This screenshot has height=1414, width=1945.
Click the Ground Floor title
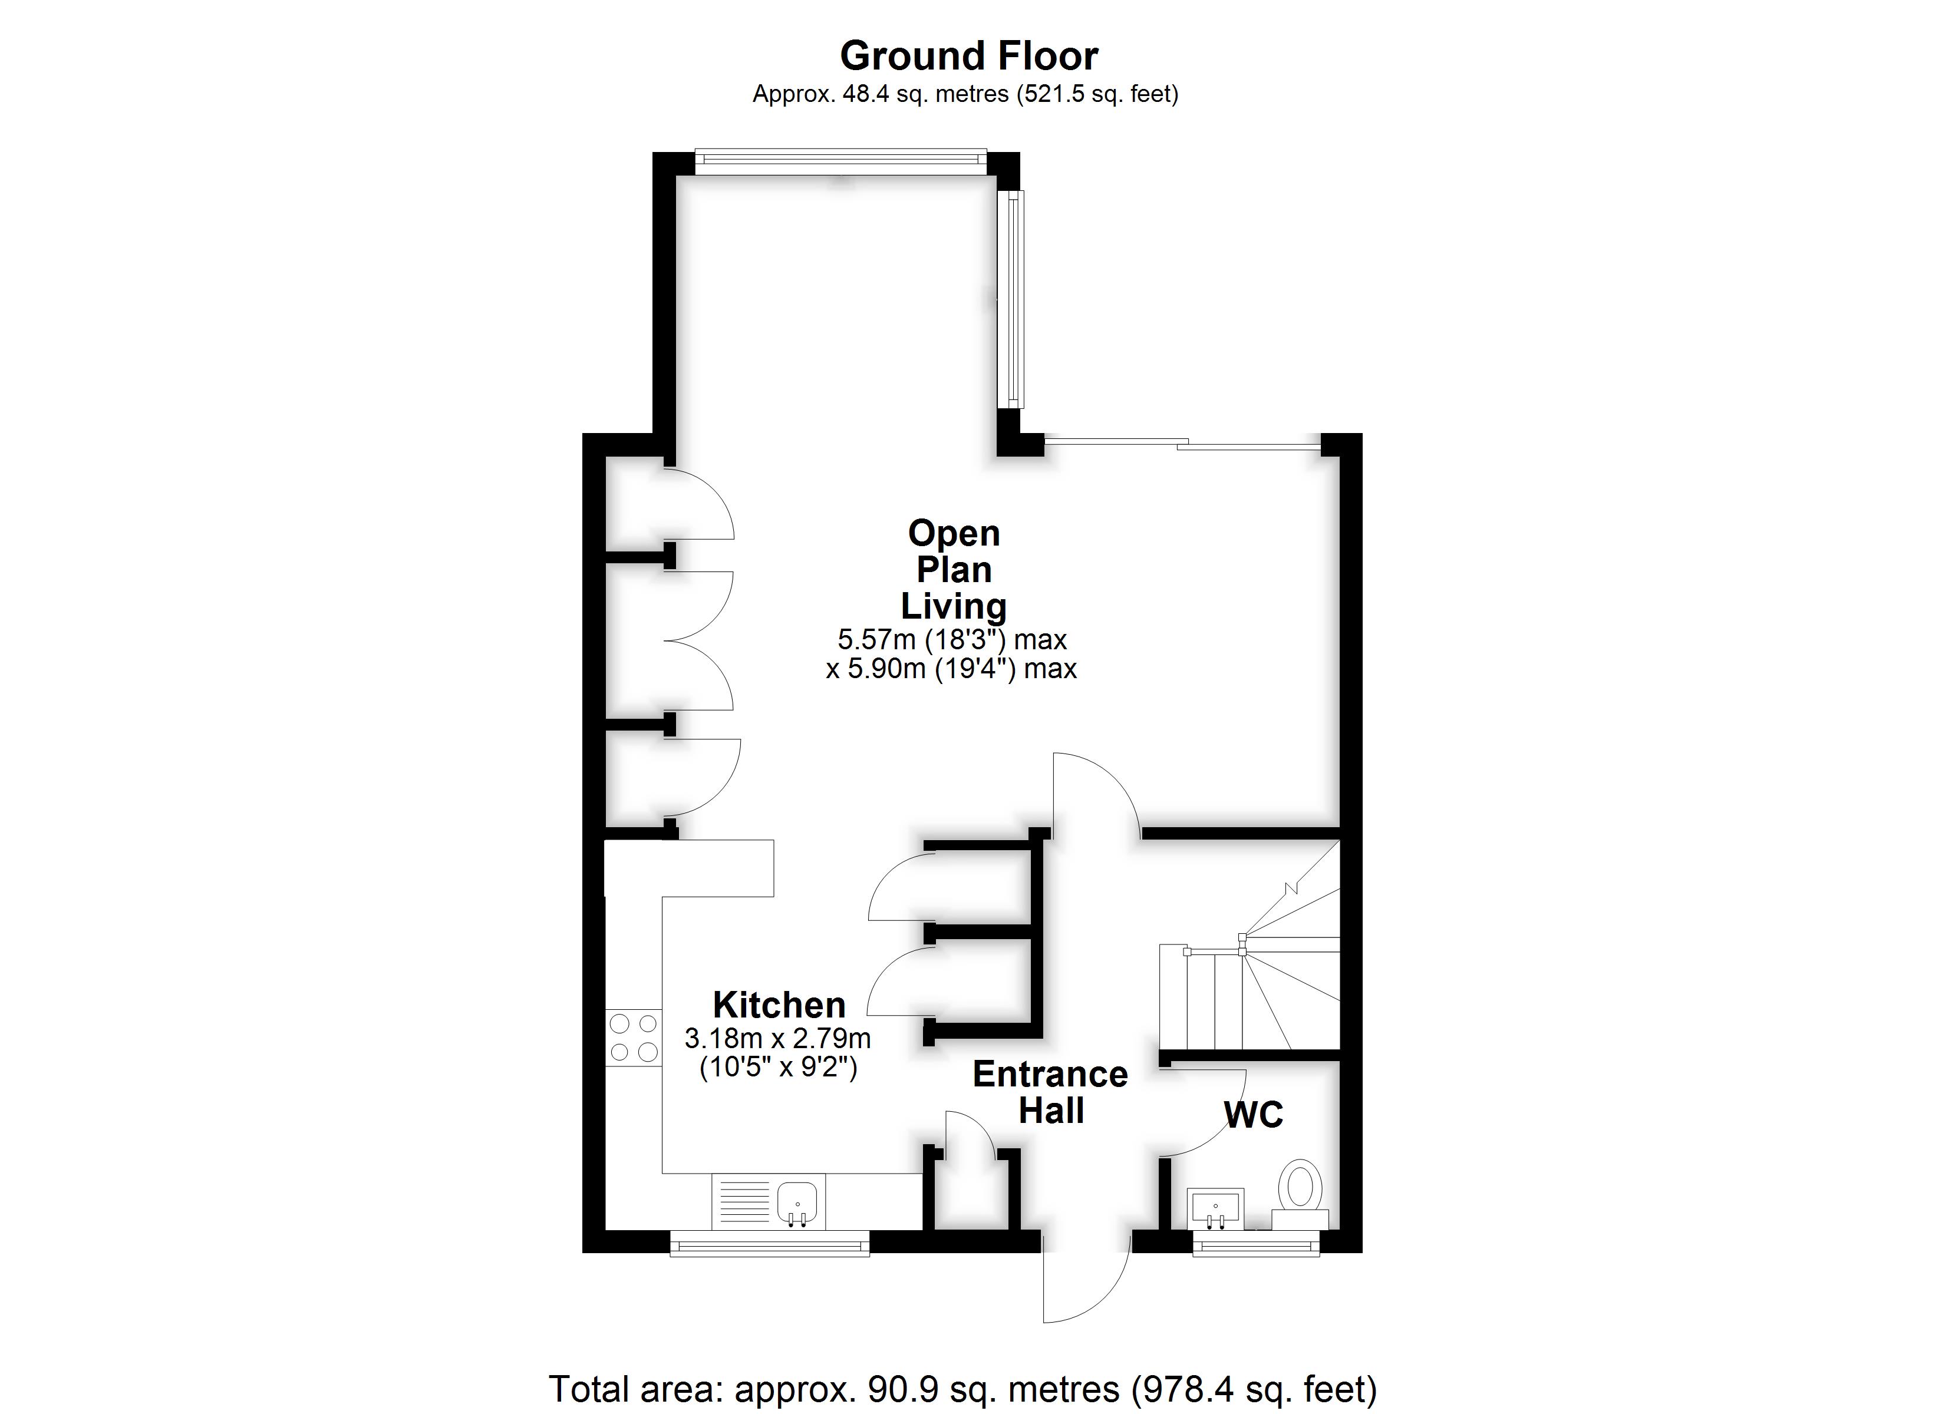(968, 57)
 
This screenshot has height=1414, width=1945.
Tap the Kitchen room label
(779, 1005)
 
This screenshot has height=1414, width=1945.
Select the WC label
(1253, 1115)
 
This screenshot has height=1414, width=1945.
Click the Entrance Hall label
(1050, 1092)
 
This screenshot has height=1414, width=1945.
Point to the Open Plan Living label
(954, 569)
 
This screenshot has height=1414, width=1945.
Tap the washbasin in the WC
(1215, 1209)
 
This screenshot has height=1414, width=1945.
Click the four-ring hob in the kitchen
(634, 1038)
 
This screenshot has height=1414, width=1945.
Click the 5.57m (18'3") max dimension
(952, 639)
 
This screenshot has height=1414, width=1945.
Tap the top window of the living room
(840, 162)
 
